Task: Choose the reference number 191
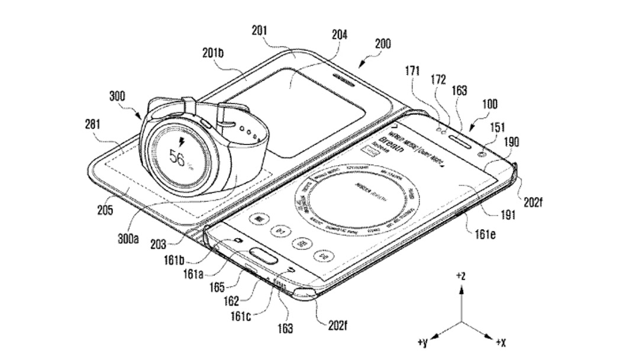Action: tap(508, 216)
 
